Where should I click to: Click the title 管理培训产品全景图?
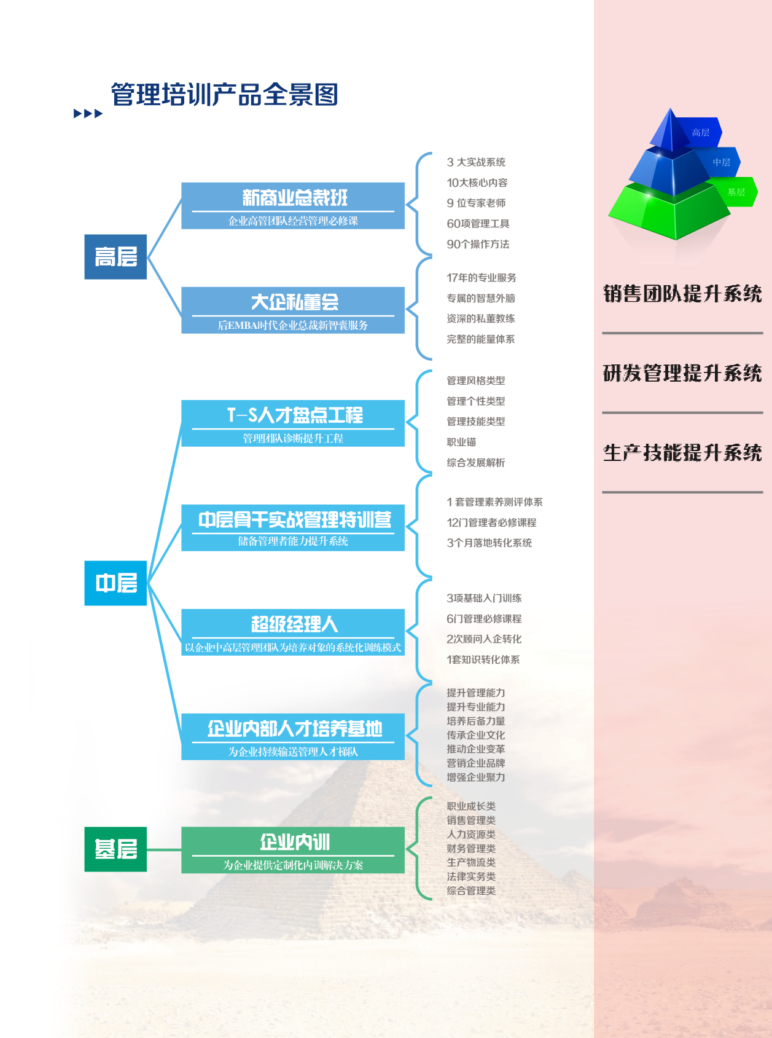[224, 95]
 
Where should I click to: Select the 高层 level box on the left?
[115, 257]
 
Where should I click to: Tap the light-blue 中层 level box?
[115, 583]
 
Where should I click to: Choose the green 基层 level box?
[115, 849]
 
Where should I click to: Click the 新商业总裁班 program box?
[293, 205]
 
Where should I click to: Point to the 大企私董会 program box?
[293, 310]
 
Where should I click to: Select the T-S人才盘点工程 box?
[293, 423]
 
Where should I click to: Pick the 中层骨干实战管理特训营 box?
[293, 527]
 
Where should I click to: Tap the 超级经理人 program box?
[293, 632]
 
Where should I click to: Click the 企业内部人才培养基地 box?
[293, 736]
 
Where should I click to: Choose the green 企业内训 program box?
[293, 849]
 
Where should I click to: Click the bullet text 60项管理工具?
[478, 224]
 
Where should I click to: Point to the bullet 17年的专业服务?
[481, 278]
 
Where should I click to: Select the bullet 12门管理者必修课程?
[491, 522]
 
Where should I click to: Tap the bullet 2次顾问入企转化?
[484, 639]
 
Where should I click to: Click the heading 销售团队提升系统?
[682, 294]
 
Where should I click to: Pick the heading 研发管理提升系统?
[682, 373]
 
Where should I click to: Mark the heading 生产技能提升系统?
[682, 453]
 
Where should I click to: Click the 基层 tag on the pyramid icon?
[736, 192]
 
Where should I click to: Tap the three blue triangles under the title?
[88, 114]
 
